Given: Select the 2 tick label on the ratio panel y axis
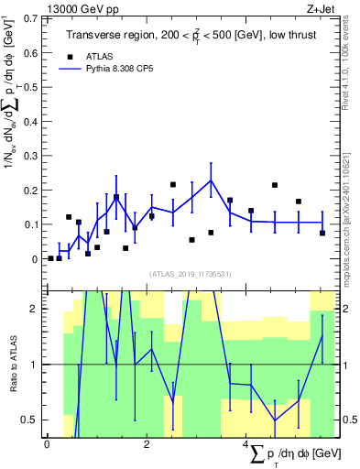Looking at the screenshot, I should tap(35, 309).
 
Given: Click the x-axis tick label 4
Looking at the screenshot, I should tap(245, 446).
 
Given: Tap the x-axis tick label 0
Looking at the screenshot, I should tap(48, 446).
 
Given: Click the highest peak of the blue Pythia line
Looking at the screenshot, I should tap(211, 180).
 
